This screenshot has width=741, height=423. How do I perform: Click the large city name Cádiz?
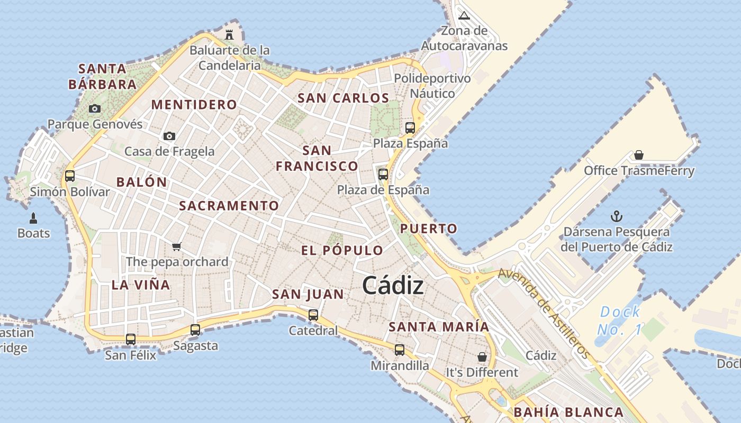click(x=393, y=286)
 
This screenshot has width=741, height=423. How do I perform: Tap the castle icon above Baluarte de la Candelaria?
click(x=229, y=35)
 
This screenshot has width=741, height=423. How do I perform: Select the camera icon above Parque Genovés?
click(x=95, y=108)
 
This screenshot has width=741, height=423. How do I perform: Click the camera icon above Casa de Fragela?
click(x=169, y=136)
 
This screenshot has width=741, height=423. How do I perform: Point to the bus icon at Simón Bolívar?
click(x=70, y=176)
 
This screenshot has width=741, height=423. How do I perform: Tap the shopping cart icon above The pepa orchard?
click(x=177, y=246)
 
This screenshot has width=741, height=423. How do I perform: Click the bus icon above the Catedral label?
click(x=313, y=315)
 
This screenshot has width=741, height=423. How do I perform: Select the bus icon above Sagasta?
click(x=195, y=329)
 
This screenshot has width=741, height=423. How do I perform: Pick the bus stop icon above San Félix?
click(x=131, y=339)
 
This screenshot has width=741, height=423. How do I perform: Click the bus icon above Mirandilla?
click(x=400, y=350)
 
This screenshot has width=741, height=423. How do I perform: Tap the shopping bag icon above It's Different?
click(x=482, y=357)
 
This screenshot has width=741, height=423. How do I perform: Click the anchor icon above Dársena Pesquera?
click(x=617, y=216)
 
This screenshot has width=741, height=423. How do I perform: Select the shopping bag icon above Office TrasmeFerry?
click(x=639, y=155)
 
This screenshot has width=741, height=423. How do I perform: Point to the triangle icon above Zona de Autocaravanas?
click(x=464, y=15)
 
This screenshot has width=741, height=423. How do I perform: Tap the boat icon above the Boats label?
click(x=33, y=218)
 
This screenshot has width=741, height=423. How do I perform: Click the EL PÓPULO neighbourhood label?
click(x=342, y=250)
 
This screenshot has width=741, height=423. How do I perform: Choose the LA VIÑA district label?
click(x=141, y=285)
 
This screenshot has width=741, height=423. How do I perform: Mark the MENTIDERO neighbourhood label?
click(x=194, y=104)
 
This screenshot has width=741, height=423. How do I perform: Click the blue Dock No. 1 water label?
click(x=620, y=320)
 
